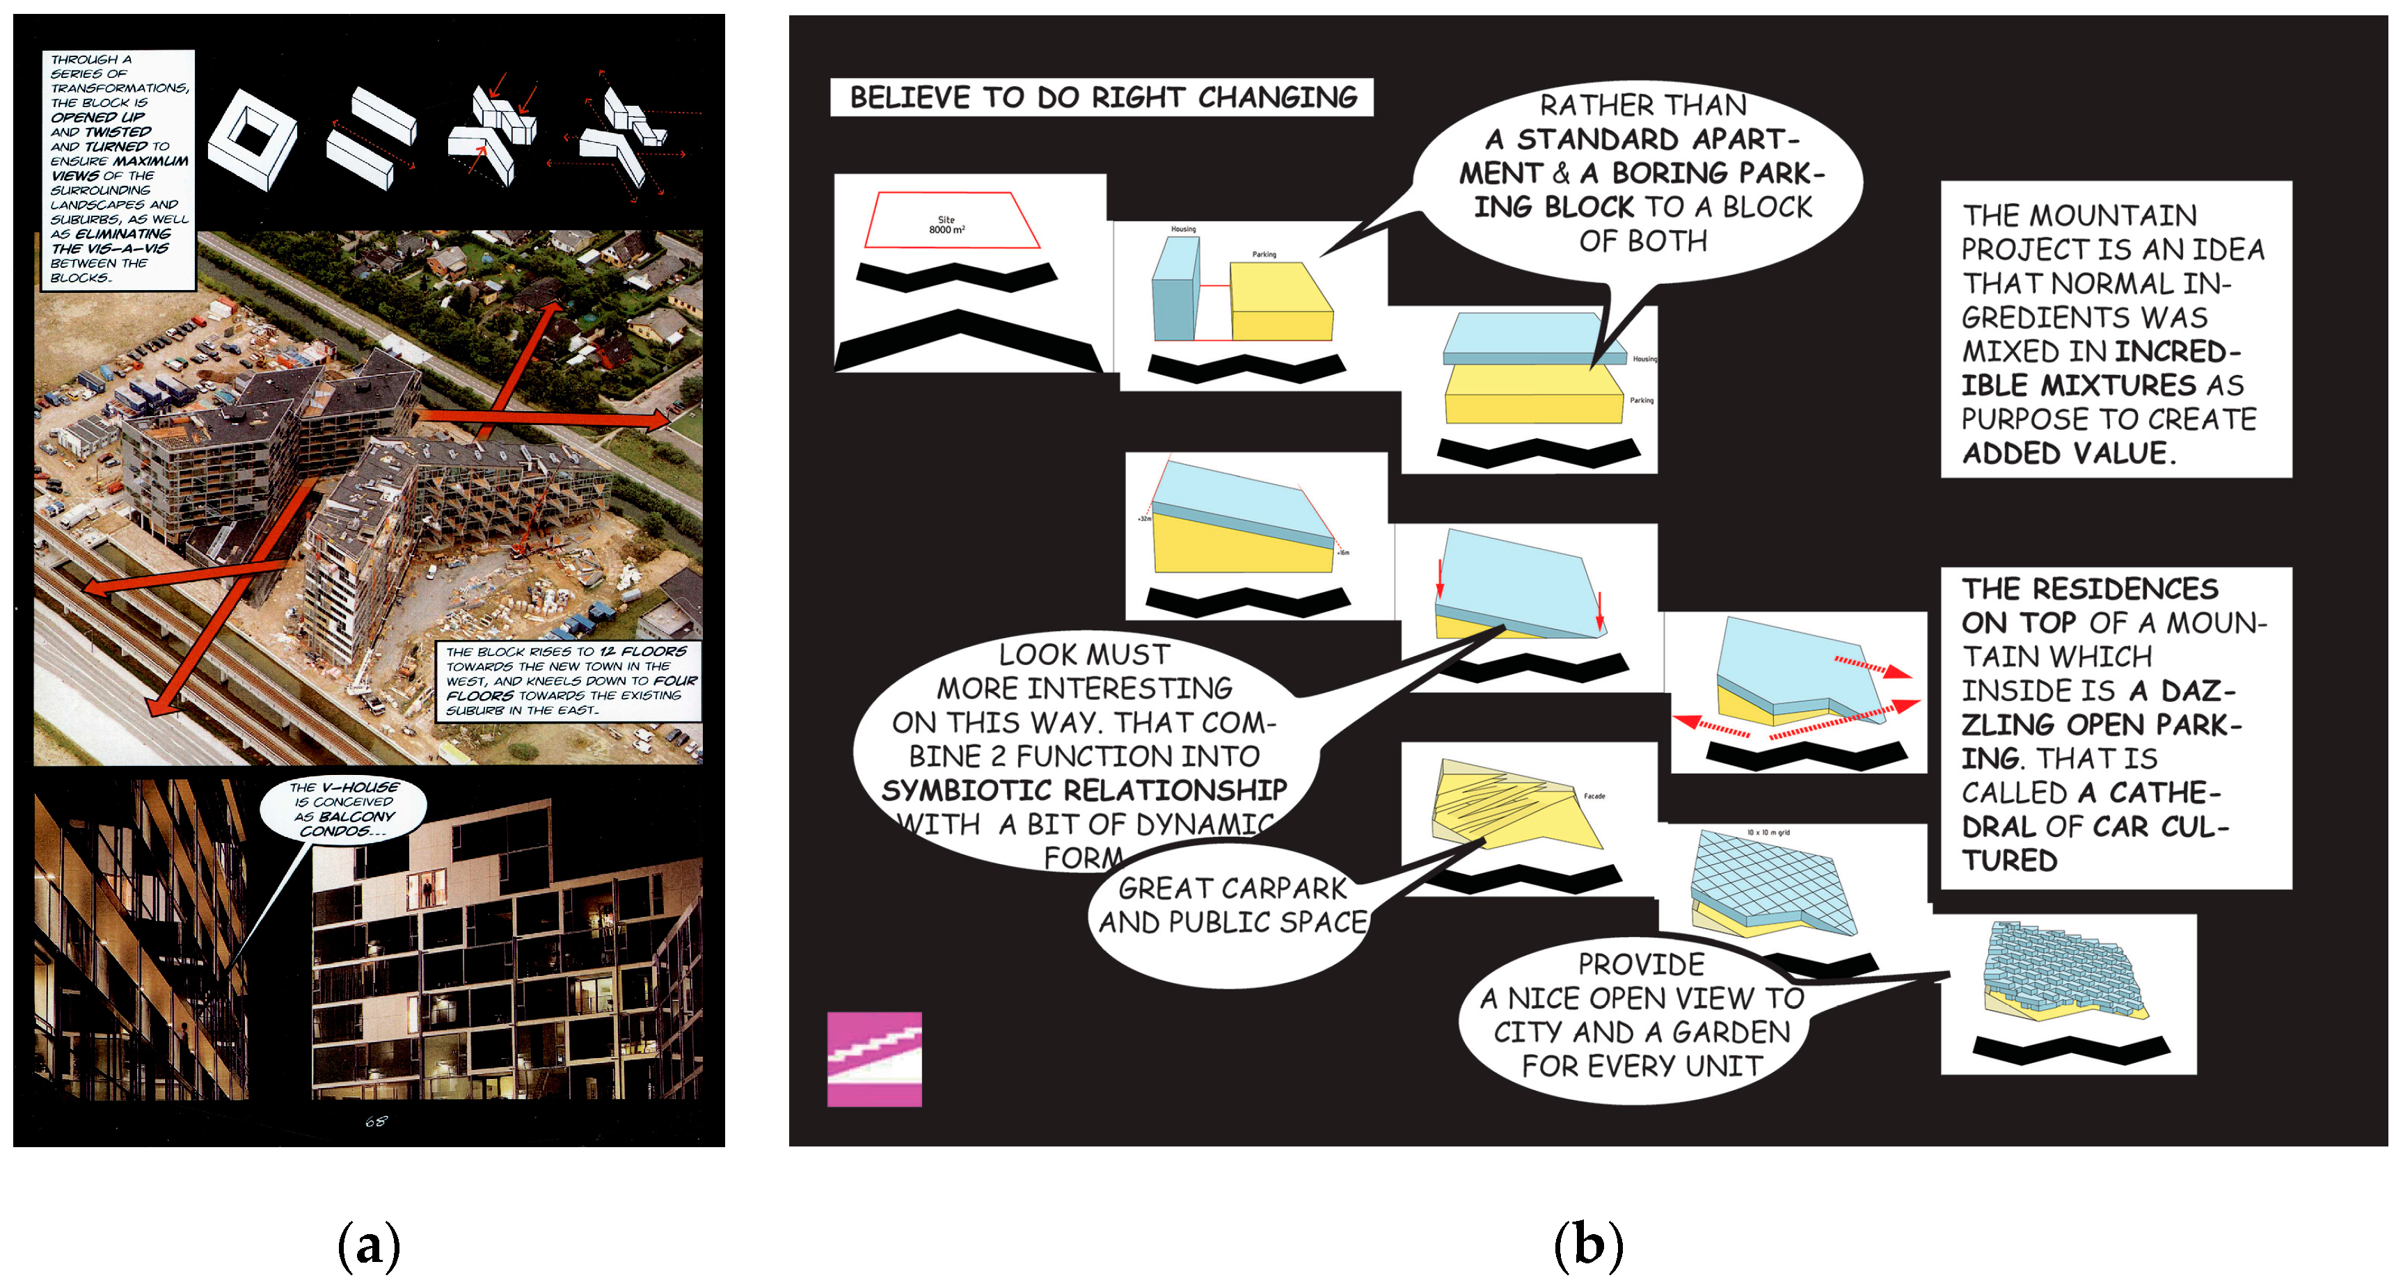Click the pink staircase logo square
pos(874,1059)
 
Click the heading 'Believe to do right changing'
pos(1102,97)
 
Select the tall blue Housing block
pos(1175,289)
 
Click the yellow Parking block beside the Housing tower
pos(1279,303)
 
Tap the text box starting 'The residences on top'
pos(2115,725)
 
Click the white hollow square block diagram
pos(253,138)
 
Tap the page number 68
pos(375,1121)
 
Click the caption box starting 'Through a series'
pos(118,168)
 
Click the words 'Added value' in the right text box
pos(2068,454)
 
